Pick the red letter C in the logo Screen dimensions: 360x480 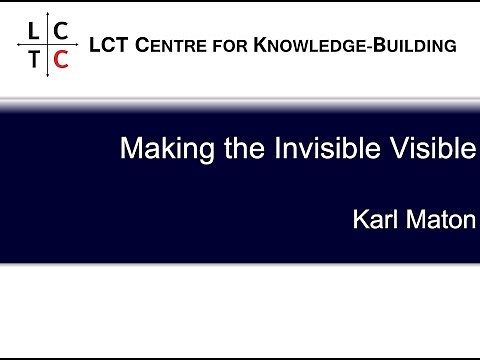pos(61,59)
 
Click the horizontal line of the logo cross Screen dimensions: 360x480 pos(30,45)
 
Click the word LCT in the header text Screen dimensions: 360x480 pos(109,45)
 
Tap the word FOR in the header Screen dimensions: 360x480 pos(232,45)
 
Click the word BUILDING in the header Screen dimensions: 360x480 pos(413,45)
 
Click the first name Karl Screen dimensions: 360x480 pos(371,219)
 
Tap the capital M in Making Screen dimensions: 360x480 pos(130,150)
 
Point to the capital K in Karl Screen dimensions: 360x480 pos(359,219)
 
